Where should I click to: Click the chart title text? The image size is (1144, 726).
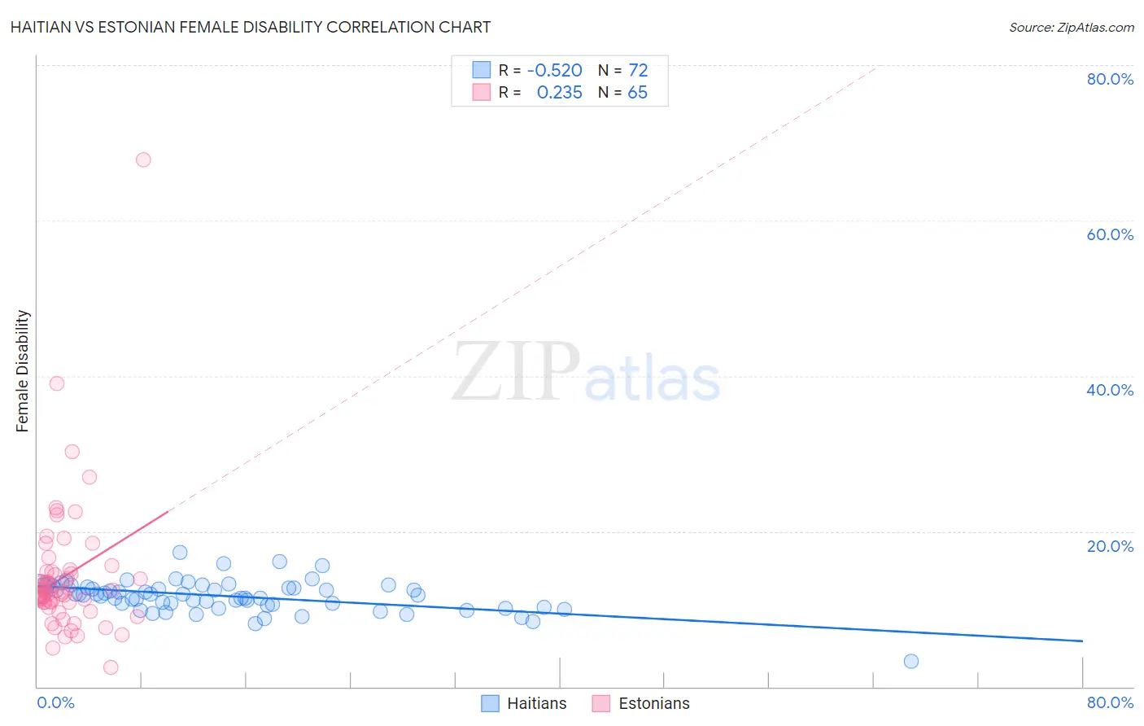pyautogui.click(x=251, y=27)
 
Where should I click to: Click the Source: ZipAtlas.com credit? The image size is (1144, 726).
pyautogui.click(x=1071, y=27)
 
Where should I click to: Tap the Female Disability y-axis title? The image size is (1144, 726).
pyautogui.click(x=22, y=371)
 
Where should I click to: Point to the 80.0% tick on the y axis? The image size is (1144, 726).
pyautogui.click(x=1110, y=79)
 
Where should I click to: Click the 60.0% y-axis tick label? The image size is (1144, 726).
pyautogui.click(x=1110, y=234)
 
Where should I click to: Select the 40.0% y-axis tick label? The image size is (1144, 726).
pyautogui.click(x=1110, y=390)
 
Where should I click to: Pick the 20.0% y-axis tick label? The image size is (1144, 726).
pyautogui.click(x=1110, y=546)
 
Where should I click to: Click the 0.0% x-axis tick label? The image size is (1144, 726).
pyautogui.click(x=55, y=702)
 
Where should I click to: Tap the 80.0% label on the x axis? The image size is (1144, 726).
pyautogui.click(x=1110, y=702)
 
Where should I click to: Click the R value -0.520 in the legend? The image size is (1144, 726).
pyautogui.click(x=555, y=71)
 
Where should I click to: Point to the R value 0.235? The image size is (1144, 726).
pyautogui.click(x=559, y=93)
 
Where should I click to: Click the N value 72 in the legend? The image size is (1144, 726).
pyautogui.click(x=638, y=71)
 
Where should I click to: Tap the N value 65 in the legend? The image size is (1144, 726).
pyautogui.click(x=637, y=93)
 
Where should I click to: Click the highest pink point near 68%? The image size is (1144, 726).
pyautogui.click(x=143, y=160)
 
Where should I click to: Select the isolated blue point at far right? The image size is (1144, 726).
pyautogui.click(x=911, y=661)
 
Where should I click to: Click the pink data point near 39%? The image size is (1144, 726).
pyautogui.click(x=57, y=383)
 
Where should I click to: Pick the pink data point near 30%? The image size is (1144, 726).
pyautogui.click(x=72, y=452)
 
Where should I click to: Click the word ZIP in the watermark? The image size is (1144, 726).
pyautogui.click(x=516, y=373)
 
